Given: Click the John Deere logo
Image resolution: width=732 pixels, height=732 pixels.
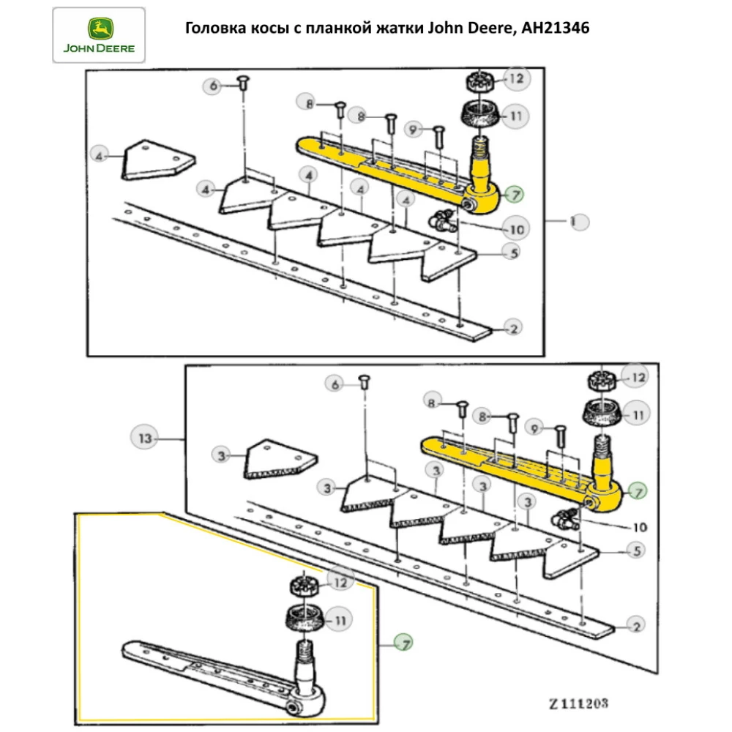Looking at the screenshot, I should pyautogui.click(x=99, y=36).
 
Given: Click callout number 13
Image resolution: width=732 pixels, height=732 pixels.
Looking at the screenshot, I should pyautogui.click(x=144, y=438).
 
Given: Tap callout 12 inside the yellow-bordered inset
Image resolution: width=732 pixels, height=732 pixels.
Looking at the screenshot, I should pyautogui.click(x=339, y=583).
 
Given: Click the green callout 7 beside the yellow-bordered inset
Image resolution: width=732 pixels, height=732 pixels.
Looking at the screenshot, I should pyautogui.click(x=403, y=643).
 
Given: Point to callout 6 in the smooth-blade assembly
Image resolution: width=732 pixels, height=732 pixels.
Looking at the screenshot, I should pyautogui.click(x=214, y=86).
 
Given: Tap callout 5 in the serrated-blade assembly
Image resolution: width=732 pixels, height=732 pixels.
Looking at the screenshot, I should pyautogui.click(x=636, y=549).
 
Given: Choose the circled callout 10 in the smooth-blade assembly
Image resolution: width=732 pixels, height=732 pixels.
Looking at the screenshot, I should pyautogui.click(x=516, y=229).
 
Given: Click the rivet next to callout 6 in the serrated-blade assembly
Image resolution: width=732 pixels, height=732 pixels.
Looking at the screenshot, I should pyautogui.click(x=364, y=381).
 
